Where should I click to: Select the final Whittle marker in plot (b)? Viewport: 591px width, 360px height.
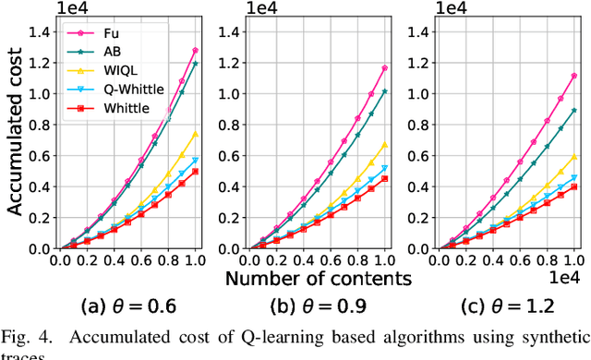(x=384, y=179)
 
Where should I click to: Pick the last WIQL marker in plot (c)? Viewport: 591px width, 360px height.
(x=574, y=157)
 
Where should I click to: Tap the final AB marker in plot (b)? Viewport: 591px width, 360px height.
(x=384, y=91)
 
